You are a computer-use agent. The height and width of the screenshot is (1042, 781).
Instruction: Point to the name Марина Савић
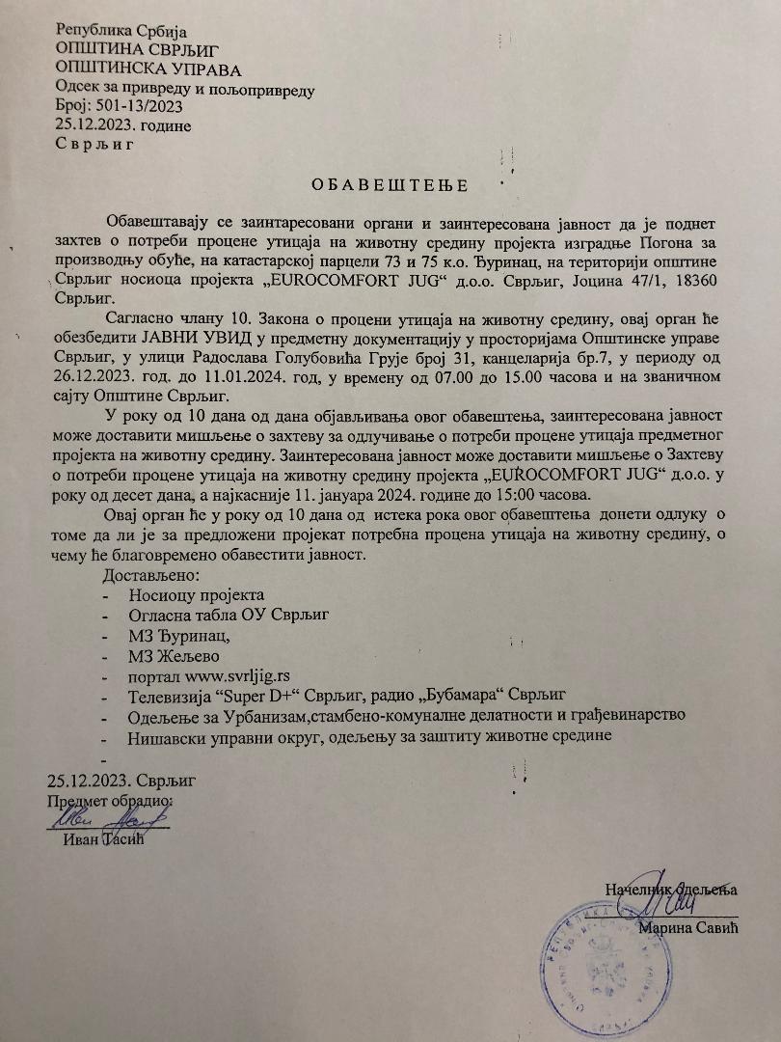(x=687, y=929)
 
